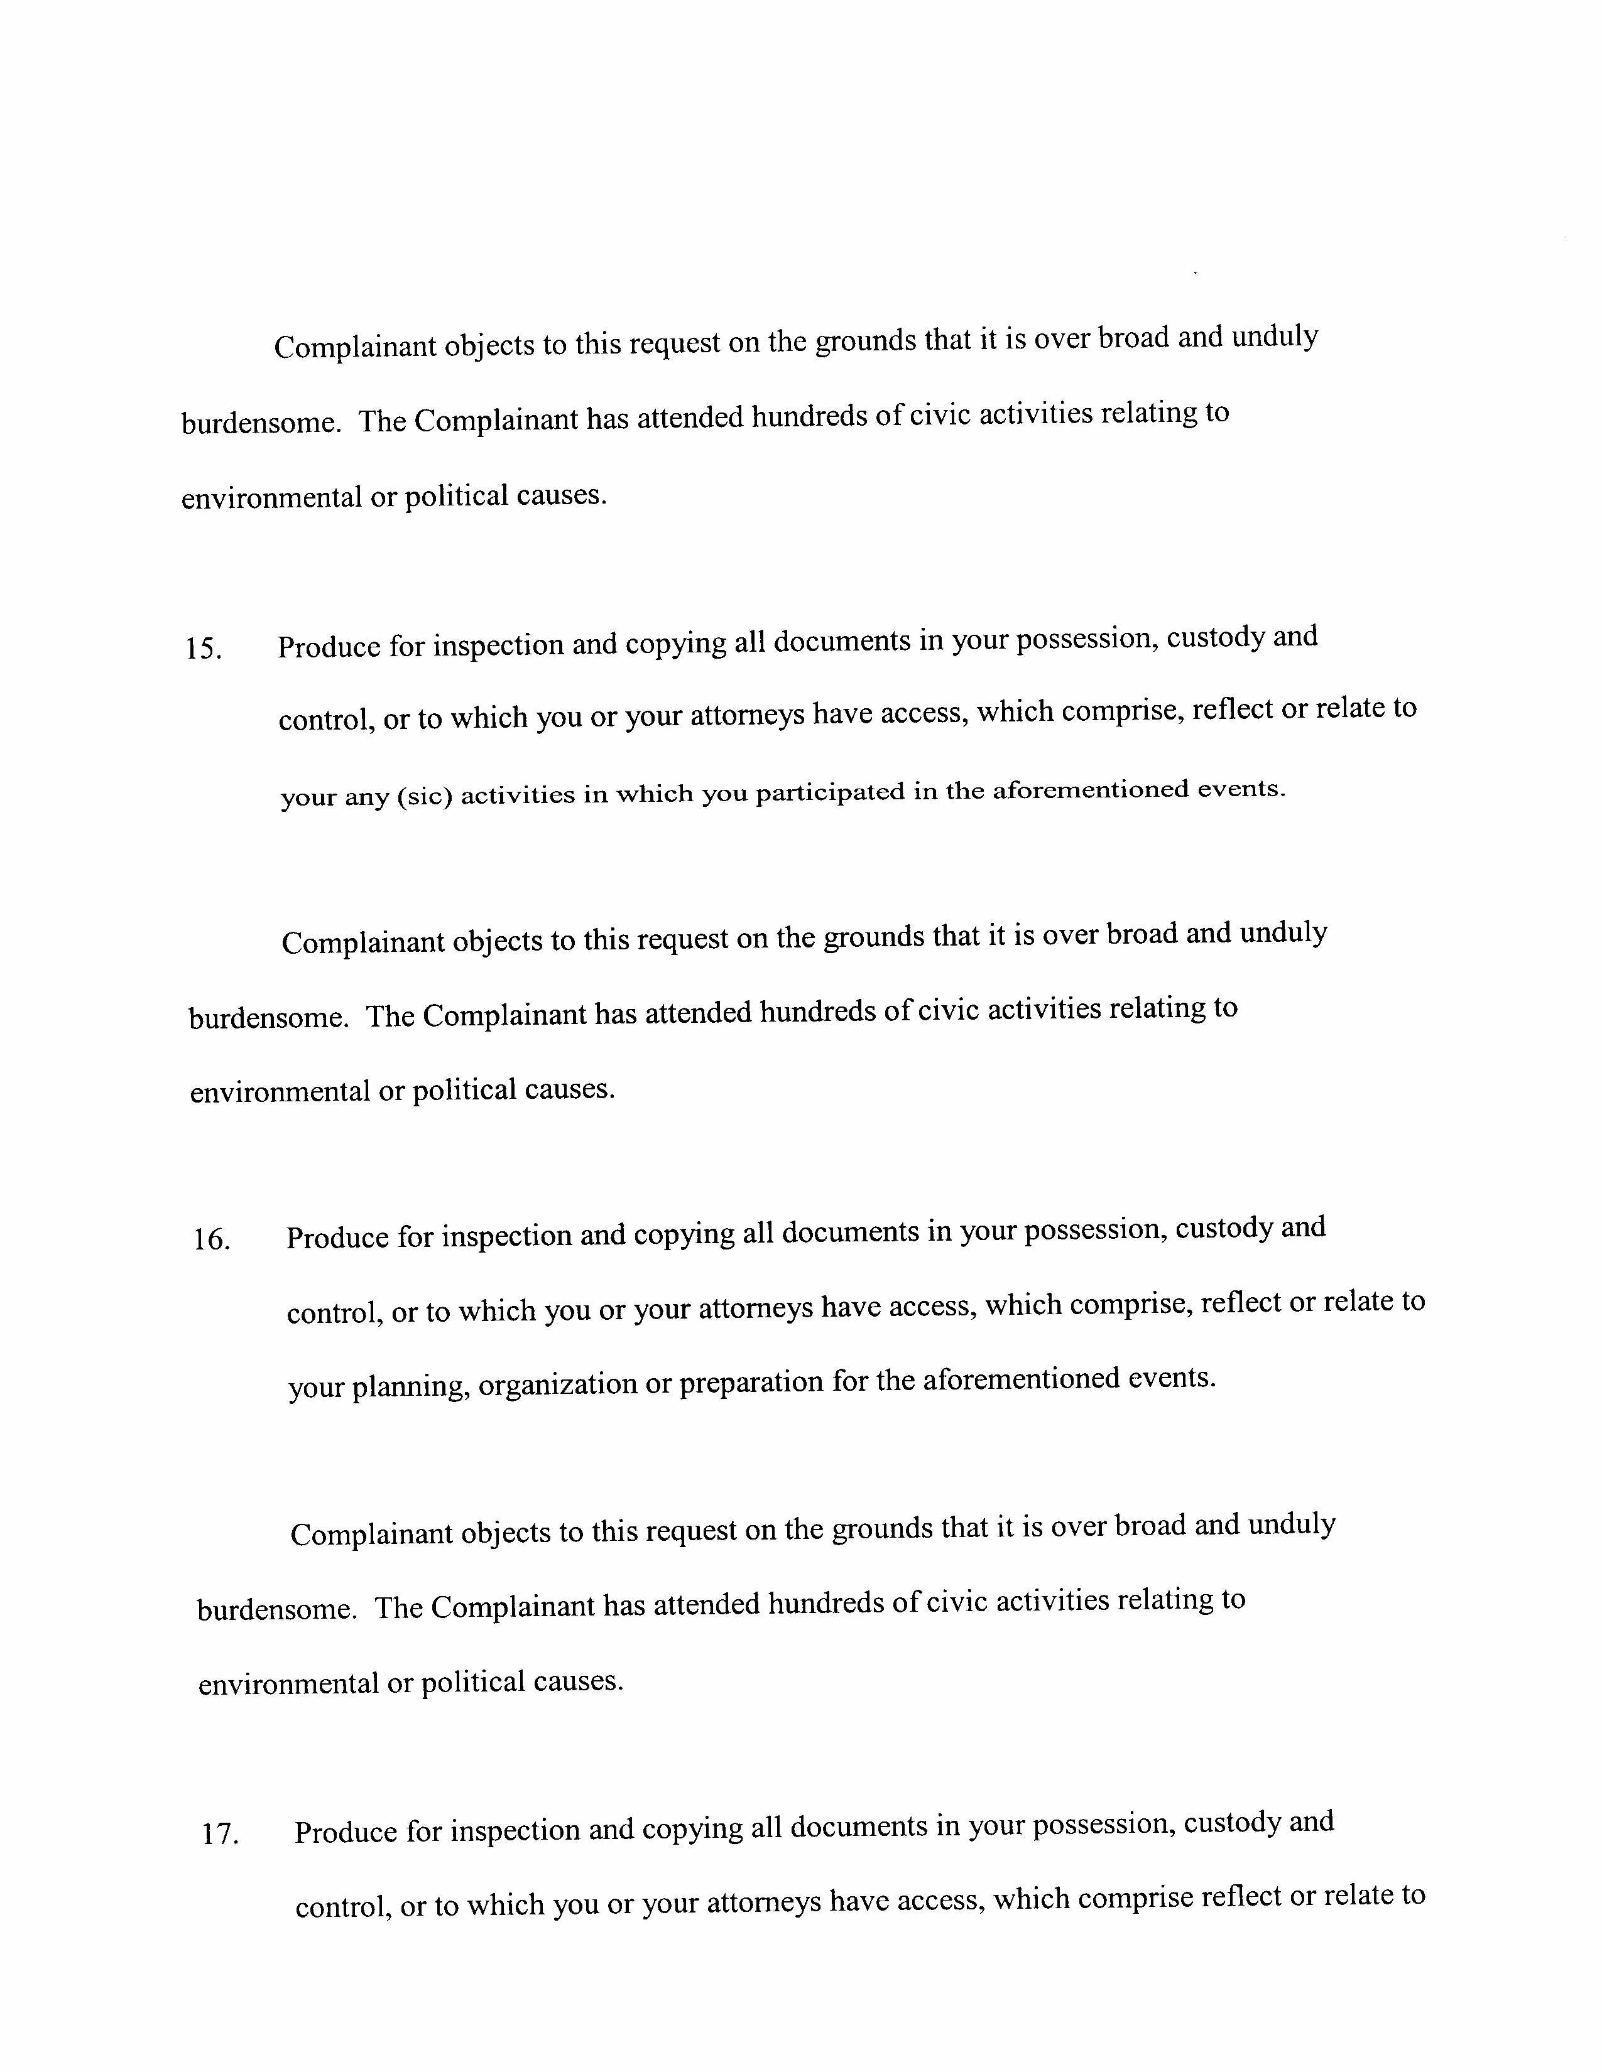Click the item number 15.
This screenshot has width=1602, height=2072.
click(203, 650)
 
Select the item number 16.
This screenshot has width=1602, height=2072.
click(212, 1241)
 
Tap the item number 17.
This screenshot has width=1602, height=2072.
click(219, 1834)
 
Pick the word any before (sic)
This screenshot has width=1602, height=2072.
click(366, 797)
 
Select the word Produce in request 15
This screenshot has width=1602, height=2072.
click(329, 647)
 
